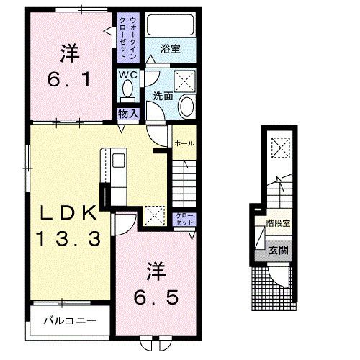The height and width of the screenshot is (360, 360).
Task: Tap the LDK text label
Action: click(x=68, y=213)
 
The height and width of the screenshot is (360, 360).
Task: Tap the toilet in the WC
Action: click(x=127, y=90)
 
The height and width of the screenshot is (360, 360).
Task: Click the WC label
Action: click(x=127, y=74)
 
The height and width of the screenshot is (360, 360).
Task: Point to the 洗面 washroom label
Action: click(x=162, y=95)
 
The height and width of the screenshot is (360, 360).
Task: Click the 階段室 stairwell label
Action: click(x=278, y=223)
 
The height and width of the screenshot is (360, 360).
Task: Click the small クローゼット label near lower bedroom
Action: click(x=183, y=219)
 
